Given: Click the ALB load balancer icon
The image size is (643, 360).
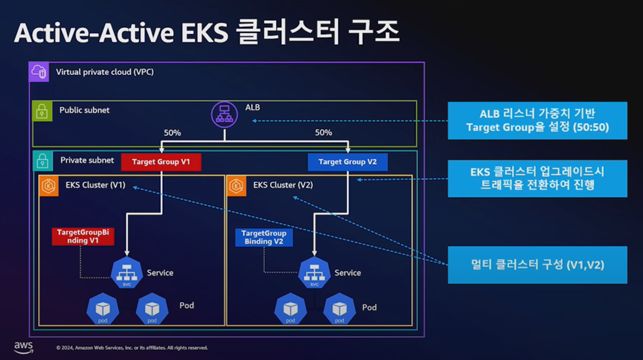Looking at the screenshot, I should tap(224, 115).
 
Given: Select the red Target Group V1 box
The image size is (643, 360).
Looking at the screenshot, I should tap(161, 162).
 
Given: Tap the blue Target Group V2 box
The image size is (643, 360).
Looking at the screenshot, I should tap(347, 162).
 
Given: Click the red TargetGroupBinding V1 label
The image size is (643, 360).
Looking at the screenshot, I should tap(83, 236).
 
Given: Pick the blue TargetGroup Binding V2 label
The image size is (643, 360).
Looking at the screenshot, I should tap(264, 237).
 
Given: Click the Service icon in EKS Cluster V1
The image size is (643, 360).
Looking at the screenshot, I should tap(127, 273).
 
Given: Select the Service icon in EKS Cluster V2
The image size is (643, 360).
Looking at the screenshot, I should tap(314, 273).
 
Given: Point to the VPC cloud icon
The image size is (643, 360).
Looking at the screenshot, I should tap(39, 72).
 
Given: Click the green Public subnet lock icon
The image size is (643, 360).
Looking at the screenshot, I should tap(42, 110).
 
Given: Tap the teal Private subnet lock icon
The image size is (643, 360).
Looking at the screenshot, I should tap(42, 161).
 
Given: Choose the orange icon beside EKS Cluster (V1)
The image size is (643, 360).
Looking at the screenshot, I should tap(48, 186).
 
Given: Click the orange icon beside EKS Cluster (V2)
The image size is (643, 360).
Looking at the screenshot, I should tap(236, 186).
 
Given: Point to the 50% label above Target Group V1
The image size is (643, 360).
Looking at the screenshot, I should tap(172, 132).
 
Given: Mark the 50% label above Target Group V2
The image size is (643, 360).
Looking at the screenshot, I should tap(323, 132).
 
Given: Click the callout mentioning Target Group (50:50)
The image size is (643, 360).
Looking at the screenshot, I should tap(537, 120).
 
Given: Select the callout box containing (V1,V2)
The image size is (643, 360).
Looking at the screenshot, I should tap(537, 264).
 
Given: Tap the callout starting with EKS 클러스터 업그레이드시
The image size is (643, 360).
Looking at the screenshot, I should tap(537, 179).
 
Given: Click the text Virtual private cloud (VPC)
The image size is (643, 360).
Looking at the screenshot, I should tap(105, 72).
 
